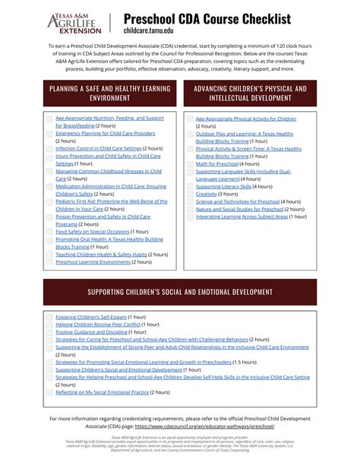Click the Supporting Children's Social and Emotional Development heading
tap(179, 291)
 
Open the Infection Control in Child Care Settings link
tap(99, 148)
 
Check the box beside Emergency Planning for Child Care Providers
tap(49, 133)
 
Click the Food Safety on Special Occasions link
tap(93, 231)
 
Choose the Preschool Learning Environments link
tap(93, 262)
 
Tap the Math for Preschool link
tap(216, 163)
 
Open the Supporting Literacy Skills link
tap(223, 186)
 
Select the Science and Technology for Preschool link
tap(237, 201)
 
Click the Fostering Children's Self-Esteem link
tap(91, 316)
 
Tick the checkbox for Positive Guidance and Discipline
tap(49, 332)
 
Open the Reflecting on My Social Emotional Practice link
tap(102, 392)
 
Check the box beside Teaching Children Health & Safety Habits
tap(49, 254)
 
